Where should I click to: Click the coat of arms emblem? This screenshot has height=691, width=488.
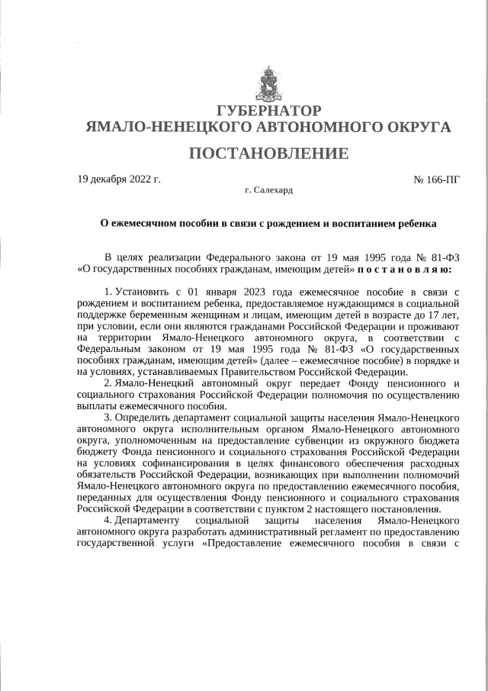(268, 86)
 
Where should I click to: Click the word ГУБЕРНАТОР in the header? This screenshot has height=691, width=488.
(268, 111)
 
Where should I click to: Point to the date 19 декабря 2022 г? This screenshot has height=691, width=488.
(119, 180)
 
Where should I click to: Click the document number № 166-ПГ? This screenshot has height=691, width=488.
(436, 180)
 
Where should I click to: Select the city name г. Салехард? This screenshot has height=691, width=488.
(268, 189)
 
